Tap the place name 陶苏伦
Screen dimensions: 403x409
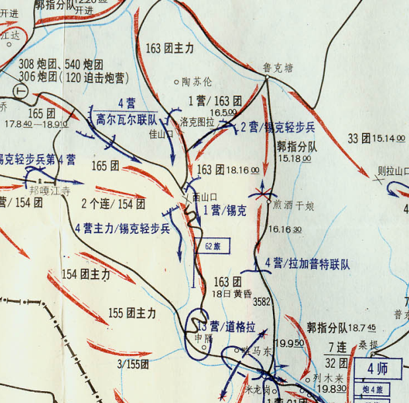click(x=197, y=83)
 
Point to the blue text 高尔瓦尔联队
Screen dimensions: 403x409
click(x=126, y=120)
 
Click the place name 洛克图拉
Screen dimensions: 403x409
click(x=197, y=122)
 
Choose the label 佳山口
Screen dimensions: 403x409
click(x=161, y=134)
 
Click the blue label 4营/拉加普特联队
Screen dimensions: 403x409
click(x=307, y=264)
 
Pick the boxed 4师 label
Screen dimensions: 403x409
click(x=379, y=369)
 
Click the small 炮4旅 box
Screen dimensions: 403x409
click(x=372, y=389)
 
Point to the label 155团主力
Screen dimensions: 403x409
click(x=132, y=313)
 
